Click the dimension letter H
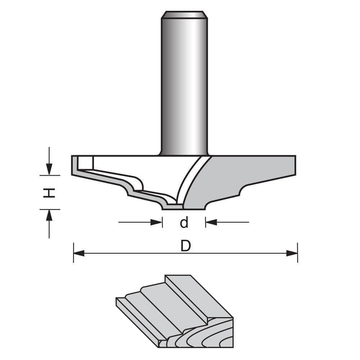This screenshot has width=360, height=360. (x=49, y=193)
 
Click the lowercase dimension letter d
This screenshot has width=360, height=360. (x=184, y=223)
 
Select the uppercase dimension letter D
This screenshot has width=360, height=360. (x=185, y=246)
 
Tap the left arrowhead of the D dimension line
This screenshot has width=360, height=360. (x=78, y=253)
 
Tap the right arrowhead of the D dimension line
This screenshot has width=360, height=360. (x=292, y=253)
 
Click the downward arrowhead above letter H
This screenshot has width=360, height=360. (x=49, y=169)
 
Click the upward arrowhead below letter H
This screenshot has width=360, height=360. (x=49, y=215)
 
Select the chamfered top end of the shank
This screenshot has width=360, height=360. (x=184, y=15)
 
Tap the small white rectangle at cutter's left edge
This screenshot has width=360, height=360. (x=86, y=163)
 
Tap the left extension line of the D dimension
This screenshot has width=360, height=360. (x=73, y=252)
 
